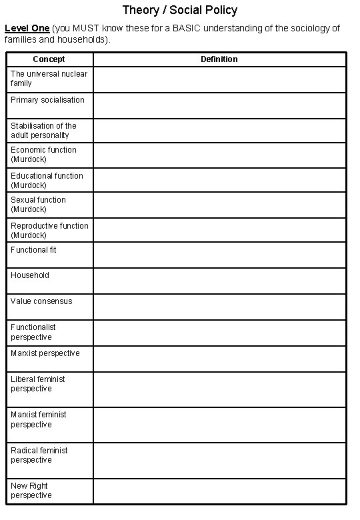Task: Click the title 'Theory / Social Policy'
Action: tap(180, 11)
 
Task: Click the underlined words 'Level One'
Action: tap(27, 28)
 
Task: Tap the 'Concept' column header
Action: tap(49, 59)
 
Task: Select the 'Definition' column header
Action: tap(219, 59)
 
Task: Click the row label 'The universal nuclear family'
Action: tap(49, 79)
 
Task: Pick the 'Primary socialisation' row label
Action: tap(47, 100)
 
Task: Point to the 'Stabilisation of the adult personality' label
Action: tap(43, 131)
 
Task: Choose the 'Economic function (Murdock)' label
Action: tap(43, 155)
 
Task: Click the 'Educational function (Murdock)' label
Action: tap(47, 181)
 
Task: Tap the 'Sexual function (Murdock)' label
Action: tap(38, 205)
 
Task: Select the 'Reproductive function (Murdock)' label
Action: tap(49, 231)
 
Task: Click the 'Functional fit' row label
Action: tap(33, 250)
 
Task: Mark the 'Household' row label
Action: tap(30, 275)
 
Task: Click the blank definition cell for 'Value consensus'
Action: tap(219, 307)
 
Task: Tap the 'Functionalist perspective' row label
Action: tap(33, 332)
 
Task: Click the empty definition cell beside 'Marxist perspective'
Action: tap(219, 359)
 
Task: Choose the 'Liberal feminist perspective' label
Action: tap(38, 384)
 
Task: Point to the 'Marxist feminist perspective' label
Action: tap(39, 419)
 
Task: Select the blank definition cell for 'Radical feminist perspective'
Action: tap(219, 461)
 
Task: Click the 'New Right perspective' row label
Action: tap(31, 491)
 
